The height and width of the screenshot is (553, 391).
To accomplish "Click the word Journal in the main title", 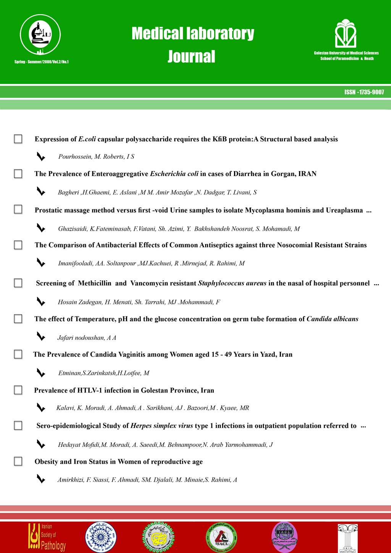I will point(191,57).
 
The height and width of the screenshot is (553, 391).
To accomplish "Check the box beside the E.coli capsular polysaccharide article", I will point(18,139).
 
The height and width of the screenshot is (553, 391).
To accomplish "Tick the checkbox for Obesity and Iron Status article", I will point(18,461).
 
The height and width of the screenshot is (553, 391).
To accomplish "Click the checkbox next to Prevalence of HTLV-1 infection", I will point(18,390).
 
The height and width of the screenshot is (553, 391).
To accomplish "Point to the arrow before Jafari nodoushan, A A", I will point(40,336).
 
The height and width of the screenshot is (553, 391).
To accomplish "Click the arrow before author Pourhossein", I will point(40,156).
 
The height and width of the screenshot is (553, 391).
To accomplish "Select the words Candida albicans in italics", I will point(332,319).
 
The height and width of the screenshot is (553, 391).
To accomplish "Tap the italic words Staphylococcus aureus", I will point(232,283).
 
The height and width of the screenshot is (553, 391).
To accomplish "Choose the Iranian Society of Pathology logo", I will point(47,537).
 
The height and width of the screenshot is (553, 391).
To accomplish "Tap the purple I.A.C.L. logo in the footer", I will point(284,537).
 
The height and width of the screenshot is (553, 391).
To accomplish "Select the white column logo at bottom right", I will point(347,538).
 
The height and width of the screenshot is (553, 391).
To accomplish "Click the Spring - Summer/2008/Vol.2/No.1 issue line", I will point(41,61).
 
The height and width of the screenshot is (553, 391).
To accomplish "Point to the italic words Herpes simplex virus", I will point(162,425).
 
